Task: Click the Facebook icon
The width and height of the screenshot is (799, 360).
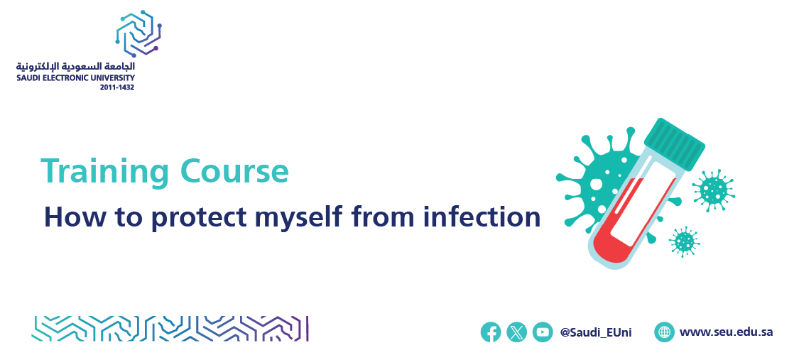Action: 491,332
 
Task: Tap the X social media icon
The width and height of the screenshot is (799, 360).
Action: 517,332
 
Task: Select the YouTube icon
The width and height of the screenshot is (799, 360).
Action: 543,332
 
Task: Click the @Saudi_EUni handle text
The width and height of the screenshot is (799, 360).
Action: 596,333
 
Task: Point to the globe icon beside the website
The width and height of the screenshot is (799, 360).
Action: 665,332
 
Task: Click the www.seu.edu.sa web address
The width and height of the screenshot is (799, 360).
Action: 726,332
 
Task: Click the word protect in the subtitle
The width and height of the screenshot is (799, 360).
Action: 200,218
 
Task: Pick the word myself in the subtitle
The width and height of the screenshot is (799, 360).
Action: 298,218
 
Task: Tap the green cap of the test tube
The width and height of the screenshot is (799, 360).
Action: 675,143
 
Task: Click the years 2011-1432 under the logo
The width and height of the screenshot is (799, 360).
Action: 117,87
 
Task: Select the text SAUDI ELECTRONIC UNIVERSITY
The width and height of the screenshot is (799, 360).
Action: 75,78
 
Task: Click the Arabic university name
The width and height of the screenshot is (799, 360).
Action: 75,67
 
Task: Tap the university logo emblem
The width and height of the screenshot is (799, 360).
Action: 138,33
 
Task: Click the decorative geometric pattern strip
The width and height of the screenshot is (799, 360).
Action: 170,329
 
